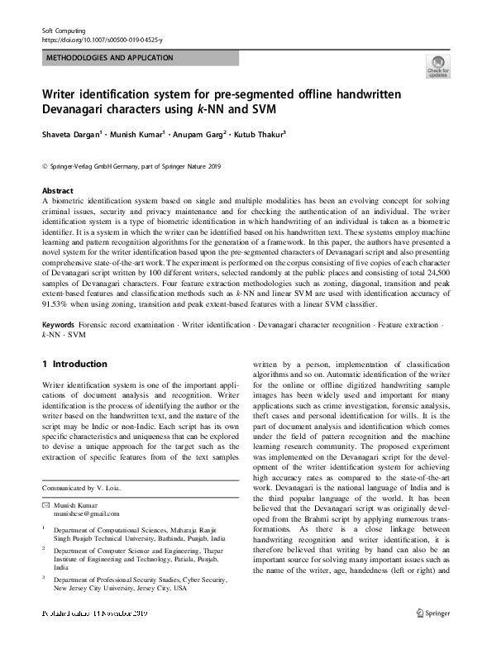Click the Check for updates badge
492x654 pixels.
tap(437, 67)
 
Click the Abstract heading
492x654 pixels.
tap(57, 190)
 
